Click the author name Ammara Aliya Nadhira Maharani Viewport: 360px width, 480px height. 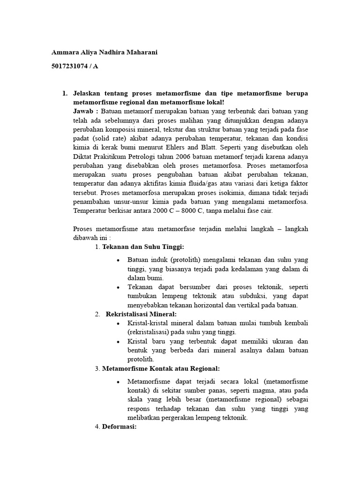[x=105, y=52]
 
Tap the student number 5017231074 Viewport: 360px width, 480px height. [x=69, y=66]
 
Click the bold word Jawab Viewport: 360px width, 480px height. [x=84, y=111]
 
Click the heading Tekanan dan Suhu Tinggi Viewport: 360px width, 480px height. [x=143, y=247]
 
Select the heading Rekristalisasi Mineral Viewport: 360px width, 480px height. [x=141, y=314]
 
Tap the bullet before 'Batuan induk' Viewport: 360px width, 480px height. [x=118, y=260]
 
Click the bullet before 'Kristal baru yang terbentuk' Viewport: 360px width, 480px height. [x=118, y=341]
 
